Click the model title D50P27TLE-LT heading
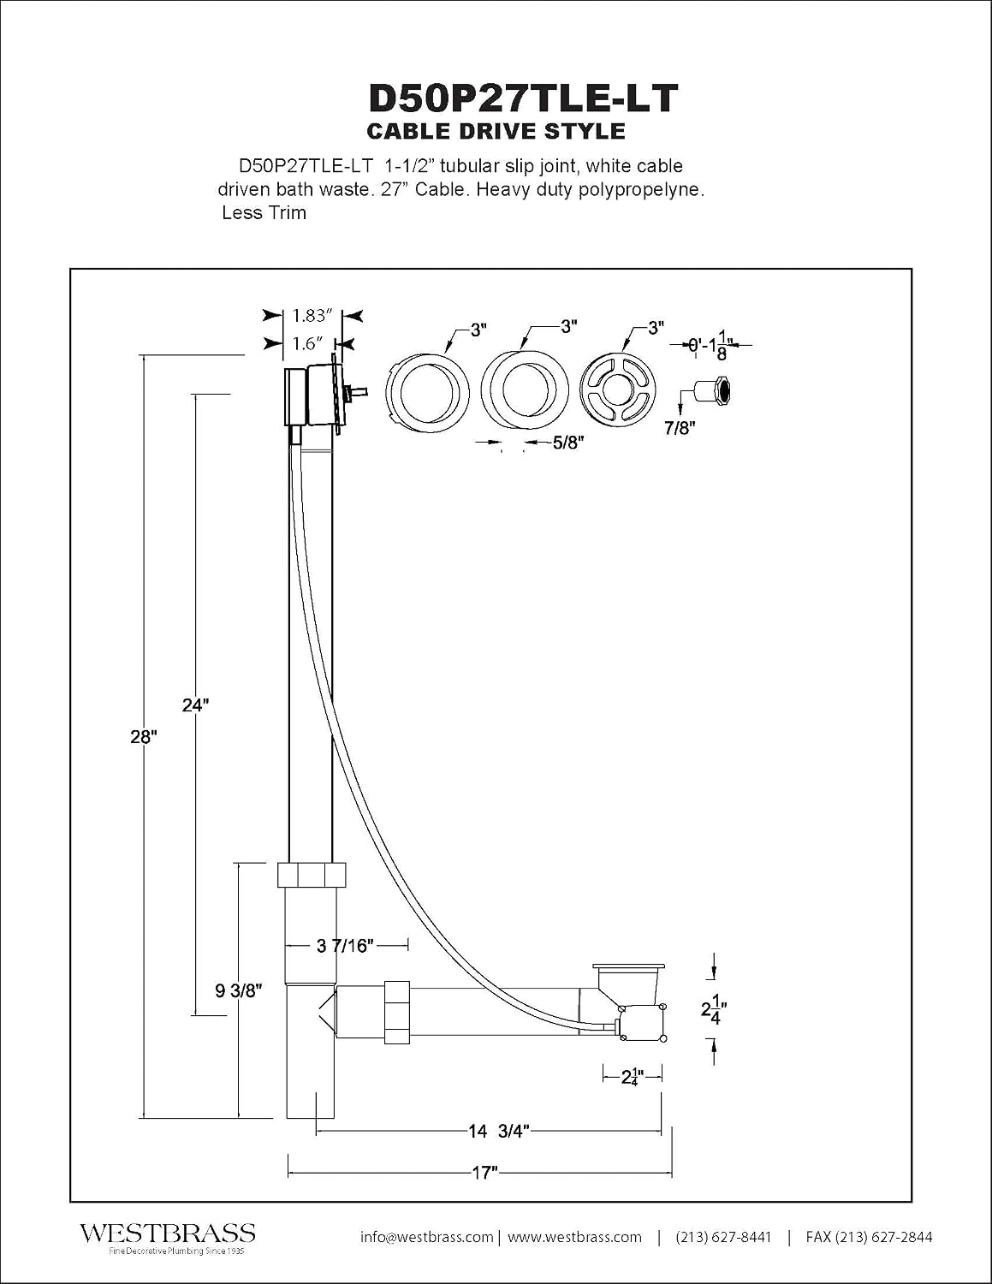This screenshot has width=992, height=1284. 523,98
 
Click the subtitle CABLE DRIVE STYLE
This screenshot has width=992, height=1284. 496,131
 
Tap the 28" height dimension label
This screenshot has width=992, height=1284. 144,736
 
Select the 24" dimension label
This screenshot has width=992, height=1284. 195,705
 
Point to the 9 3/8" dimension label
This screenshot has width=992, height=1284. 239,991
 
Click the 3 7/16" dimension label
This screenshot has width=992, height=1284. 346,946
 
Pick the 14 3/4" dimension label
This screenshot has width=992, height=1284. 499,1131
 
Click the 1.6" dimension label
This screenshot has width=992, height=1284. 307,343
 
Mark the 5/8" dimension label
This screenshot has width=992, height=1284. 568,443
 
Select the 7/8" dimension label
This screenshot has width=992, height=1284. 680,428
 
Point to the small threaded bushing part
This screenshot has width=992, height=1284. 713,390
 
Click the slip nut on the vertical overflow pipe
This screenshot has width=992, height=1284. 312,875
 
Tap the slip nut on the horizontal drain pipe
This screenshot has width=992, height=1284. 397,1012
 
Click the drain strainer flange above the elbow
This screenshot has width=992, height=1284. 631,966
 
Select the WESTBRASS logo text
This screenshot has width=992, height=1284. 168,1233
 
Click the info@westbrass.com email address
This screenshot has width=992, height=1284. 426,1237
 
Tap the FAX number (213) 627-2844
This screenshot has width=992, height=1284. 869,1237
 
